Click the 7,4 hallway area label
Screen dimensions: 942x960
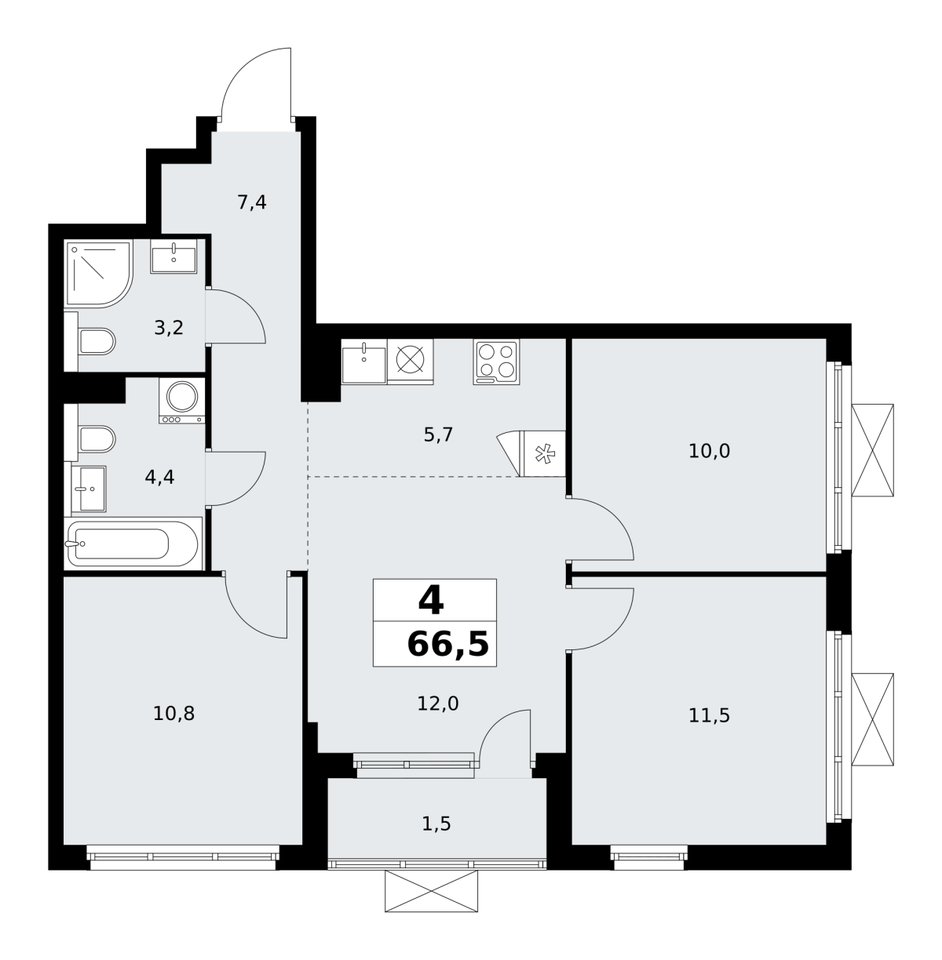251,203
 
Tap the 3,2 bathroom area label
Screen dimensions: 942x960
169,328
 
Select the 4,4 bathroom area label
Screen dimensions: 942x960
159,477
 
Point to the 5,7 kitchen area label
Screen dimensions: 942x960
438,435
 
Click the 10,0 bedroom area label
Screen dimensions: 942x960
709,451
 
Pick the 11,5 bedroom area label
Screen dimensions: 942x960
709,716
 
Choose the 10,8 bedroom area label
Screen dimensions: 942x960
173,714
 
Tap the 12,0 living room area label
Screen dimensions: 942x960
438,704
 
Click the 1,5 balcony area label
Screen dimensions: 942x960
436,824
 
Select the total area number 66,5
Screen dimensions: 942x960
447,644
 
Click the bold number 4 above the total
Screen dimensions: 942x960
431,601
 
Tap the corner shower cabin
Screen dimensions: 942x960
99,273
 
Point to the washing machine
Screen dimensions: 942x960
182,401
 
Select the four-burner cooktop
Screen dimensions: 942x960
496,362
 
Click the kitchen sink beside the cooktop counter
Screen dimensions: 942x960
364,362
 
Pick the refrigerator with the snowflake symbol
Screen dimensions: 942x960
542,453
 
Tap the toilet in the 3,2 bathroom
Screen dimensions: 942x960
97,341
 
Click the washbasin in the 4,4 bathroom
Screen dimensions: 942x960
89,489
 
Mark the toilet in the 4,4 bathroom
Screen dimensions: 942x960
97,438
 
